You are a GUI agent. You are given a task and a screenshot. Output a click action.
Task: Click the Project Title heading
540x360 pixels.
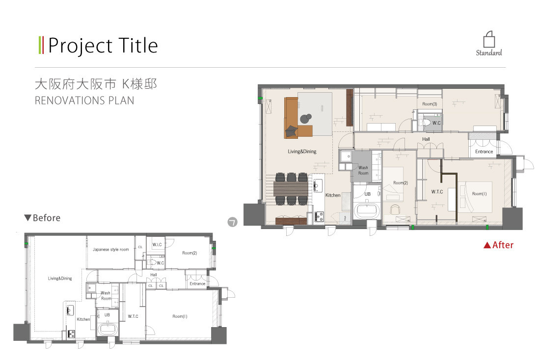pyautogui.click(x=103, y=46)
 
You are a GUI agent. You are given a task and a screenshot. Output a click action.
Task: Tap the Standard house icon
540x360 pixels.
pyautogui.click(x=489, y=40)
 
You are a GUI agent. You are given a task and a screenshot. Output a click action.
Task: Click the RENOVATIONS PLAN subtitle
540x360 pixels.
pyautogui.click(x=84, y=101)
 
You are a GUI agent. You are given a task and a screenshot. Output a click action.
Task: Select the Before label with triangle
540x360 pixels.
pyautogui.click(x=42, y=218)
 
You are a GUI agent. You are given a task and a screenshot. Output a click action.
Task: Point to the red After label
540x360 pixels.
pyautogui.click(x=498, y=245)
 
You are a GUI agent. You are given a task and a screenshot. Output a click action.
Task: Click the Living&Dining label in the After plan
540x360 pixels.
pyautogui.click(x=302, y=152)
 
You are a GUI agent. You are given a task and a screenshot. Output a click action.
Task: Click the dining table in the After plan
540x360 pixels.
pyautogui.click(x=291, y=189)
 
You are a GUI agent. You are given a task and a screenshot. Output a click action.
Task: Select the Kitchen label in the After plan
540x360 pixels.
pyautogui.click(x=333, y=195)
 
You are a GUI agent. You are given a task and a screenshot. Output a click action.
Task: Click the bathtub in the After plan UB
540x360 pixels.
pyautogui.click(x=367, y=210)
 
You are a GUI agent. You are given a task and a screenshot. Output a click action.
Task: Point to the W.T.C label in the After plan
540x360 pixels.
pyautogui.click(x=437, y=192)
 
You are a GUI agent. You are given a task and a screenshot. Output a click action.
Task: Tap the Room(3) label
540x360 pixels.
pyautogui.click(x=430, y=104)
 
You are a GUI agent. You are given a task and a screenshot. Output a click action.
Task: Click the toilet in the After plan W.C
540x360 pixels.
pyautogui.click(x=426, y=123)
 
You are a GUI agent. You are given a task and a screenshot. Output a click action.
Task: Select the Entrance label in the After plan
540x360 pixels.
pyautogui.click(x=484, y=152)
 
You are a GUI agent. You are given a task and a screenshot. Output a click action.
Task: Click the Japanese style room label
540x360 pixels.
pyautogui.click(x=110, y=250)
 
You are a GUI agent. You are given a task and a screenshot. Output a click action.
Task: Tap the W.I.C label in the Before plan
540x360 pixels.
pyautogui.click(x=157, y=245)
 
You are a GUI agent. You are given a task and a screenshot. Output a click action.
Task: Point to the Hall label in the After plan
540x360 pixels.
pyautogui.click(x=426, y=139)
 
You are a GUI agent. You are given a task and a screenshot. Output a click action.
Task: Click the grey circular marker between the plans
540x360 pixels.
pyautogui.click(x=233, y=222)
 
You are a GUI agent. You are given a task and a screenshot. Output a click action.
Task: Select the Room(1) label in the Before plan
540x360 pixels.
pyautogui.click(x=180, y=316)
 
